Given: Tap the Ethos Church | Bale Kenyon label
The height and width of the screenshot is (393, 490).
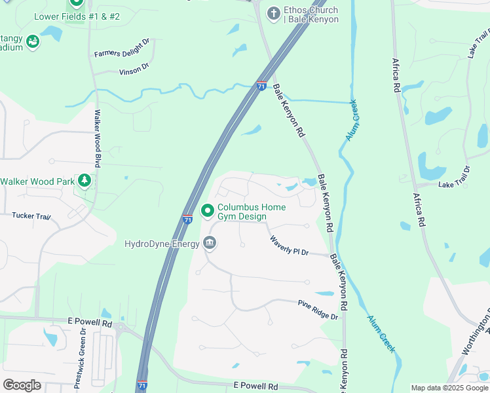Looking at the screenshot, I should tap(311, 14).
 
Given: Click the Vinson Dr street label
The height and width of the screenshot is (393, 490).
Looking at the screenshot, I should tap(134, 67).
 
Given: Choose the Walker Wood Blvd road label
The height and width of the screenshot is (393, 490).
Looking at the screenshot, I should tap(98, 138).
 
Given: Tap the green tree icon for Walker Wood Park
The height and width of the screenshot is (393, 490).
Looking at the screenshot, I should tap(84, 181).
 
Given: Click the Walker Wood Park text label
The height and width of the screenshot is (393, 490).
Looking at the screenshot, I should tap(37, 181).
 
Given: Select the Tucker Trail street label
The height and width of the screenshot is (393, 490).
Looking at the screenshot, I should tap(31, 215).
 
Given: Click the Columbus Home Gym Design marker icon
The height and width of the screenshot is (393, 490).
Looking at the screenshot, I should tap(208, 211).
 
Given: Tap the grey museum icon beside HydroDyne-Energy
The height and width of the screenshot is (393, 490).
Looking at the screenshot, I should tap(210, 244).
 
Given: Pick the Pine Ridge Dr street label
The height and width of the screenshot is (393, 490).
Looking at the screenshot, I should tap(318, 310).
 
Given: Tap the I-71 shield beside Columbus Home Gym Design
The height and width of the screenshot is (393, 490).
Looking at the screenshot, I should tap(187, 220).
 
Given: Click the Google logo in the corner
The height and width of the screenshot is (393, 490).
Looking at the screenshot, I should tap(22, 385).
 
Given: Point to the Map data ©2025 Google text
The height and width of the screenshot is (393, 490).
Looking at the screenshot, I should tap(449, 388).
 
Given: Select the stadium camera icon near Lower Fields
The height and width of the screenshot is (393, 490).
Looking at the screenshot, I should tap(32, 42).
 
